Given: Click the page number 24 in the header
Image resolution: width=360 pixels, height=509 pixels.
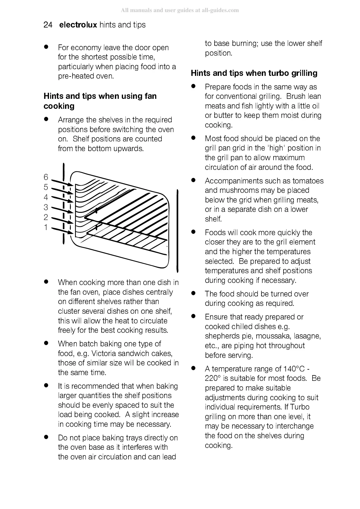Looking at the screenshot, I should pos(48,25).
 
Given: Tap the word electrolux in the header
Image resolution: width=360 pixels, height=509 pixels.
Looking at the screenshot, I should pos(78,25).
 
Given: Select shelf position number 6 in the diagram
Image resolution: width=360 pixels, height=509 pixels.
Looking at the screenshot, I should pos(46,177).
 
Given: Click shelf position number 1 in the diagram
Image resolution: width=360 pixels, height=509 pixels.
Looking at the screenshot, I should pos(46,227).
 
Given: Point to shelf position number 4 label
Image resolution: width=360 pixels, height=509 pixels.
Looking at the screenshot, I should pos(46,197).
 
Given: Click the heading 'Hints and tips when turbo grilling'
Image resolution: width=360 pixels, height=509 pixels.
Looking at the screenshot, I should pos(254,73).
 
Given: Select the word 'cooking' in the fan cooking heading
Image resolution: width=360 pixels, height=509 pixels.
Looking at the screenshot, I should pos(59,106).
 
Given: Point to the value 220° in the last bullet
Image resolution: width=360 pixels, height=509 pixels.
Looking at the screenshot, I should pos(213,378).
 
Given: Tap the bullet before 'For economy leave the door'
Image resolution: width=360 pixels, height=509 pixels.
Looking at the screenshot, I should pos(46,47).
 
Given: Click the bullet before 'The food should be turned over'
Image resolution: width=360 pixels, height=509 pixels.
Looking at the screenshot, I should pos(193,293).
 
